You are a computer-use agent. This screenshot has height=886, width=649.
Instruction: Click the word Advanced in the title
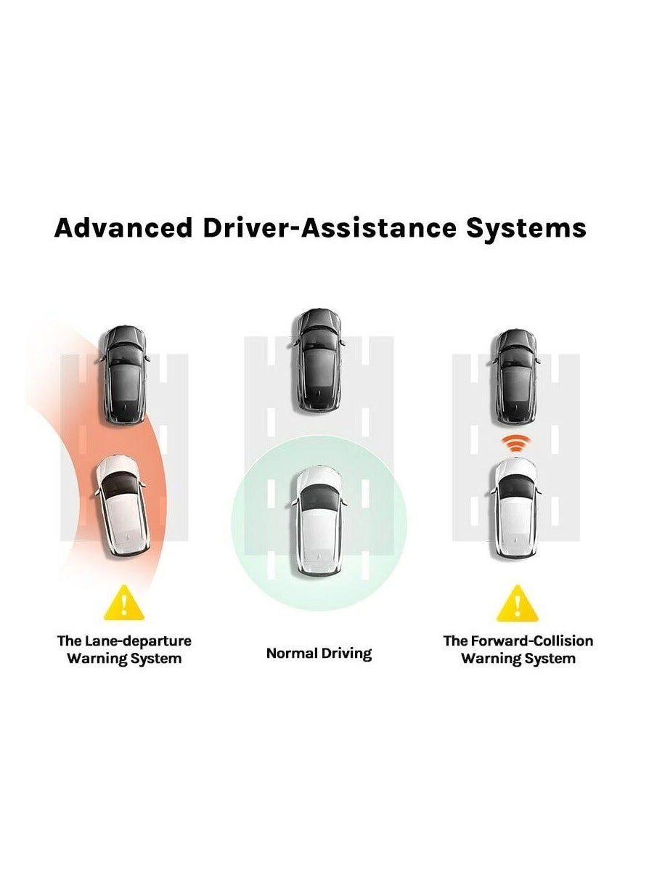(123, 228)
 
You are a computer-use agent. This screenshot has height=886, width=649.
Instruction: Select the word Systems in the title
(526, 229)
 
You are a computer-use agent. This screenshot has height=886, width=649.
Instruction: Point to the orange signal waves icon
(514, 444)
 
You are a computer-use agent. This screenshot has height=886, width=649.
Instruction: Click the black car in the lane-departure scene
(125, 375)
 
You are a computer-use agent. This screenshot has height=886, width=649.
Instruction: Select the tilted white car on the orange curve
(122, 506)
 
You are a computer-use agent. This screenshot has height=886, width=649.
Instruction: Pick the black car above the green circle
(319, 360)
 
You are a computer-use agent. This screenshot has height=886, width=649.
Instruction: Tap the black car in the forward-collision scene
(516, 378)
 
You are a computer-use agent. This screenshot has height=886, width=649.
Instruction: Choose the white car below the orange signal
(516, 508)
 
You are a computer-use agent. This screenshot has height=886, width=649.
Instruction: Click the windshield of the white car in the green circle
(319, 497)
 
